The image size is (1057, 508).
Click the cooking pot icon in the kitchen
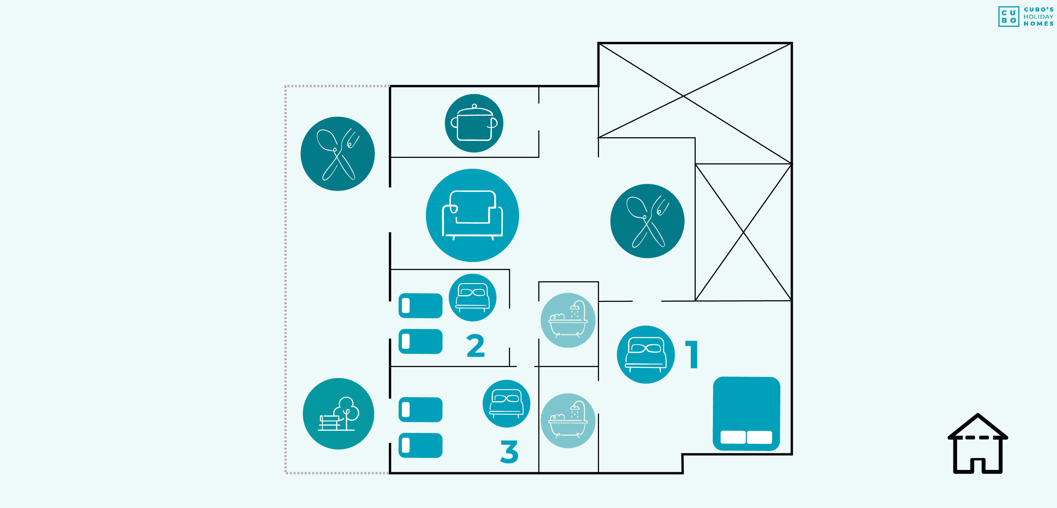(x=474, y=123)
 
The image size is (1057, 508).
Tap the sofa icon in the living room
(x=472, y=215)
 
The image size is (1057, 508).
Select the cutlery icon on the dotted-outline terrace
(x=337, y=154)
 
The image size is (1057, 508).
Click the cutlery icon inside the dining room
(x=647, y=221)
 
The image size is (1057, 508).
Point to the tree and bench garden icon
(x=338, y=413)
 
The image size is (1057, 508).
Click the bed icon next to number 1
(x=646, y=355)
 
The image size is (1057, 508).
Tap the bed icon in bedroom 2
(x=472, y=298)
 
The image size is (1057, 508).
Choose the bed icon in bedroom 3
(x=506, y=403)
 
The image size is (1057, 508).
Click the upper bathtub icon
(x=568, y=320)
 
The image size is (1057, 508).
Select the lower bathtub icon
(x=568, y=420)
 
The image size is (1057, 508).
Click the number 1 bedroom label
(x=692, y=354)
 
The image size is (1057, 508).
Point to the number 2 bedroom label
(x=476, y=346)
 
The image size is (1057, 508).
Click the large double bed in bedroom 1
(x=746, y=413)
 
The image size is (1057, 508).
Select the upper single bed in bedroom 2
(x=420, y=306)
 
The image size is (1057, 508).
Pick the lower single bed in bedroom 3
(x=420, y=445)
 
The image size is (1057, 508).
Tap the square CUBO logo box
(x=1009, y=17)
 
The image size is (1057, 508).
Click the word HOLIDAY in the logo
(x=1038, y=17)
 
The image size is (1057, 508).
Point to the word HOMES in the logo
(x=1038, y=24)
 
